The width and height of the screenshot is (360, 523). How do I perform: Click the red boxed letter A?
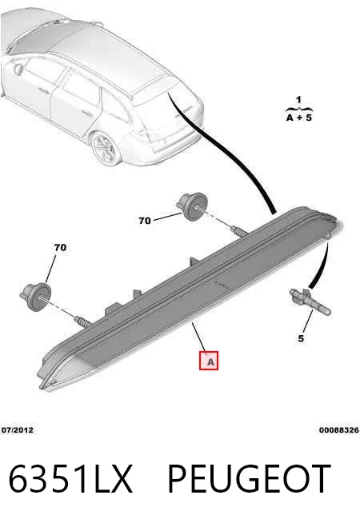click(x=209, y=361)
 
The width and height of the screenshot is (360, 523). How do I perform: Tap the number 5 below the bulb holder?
click(x=301, y=338)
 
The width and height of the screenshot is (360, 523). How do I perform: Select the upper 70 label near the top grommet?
click(x=145, y=221)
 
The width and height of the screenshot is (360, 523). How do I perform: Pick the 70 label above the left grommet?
click(x=60, y=247)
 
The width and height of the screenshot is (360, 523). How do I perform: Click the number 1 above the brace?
click(x=298, y=99)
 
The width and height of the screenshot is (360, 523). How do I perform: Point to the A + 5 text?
click(x=299, y=118)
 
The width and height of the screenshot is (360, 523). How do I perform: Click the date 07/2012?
click(x=18, y=430)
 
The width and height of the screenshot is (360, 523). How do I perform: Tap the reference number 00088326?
click(x=339, y=430)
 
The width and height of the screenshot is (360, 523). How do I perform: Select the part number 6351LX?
click(x=70, y=479)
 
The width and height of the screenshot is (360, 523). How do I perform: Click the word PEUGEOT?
click(x=249, y=479)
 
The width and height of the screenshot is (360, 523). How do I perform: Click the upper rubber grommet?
click(x=192, y=206)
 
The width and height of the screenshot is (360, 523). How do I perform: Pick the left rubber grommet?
click(x=34, y=297)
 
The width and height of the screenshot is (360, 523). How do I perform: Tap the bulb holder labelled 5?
click(x=310, y=301)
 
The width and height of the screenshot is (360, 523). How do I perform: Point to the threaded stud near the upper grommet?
click(x=239, y=231)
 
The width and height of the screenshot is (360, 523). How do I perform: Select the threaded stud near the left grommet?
click(x=82, y=322)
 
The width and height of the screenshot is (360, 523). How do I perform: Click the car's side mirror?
click(x=18, y=68)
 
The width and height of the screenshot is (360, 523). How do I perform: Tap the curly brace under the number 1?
click(x=299, y=109)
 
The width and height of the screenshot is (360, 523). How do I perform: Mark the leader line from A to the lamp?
click(x=199, y=337)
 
